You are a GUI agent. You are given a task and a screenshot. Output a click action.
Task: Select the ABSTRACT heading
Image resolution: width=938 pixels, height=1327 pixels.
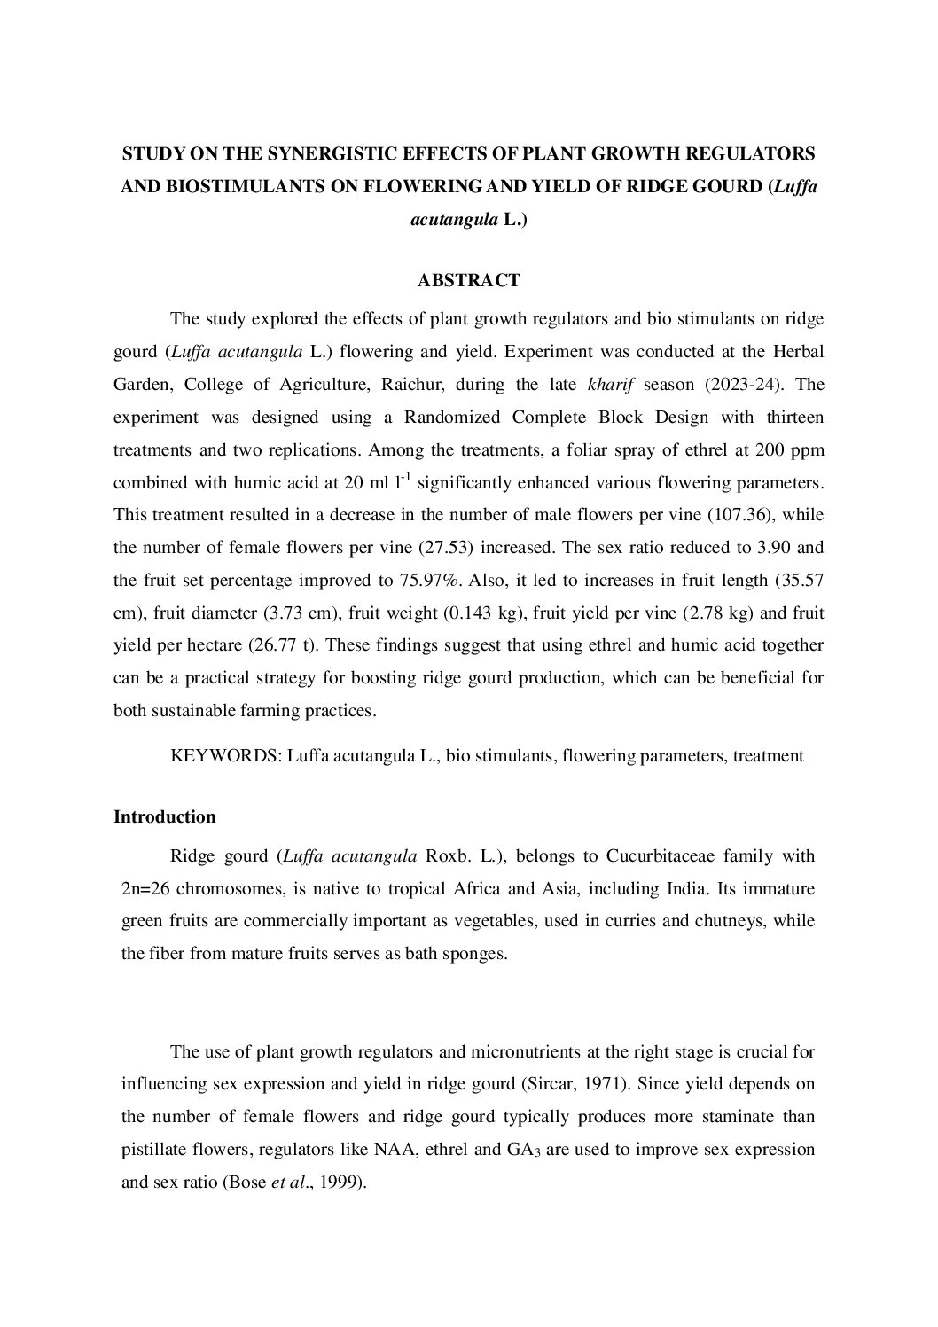(468, 281)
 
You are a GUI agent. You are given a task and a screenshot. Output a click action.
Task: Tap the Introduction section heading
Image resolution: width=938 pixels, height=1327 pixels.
(165, 816)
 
